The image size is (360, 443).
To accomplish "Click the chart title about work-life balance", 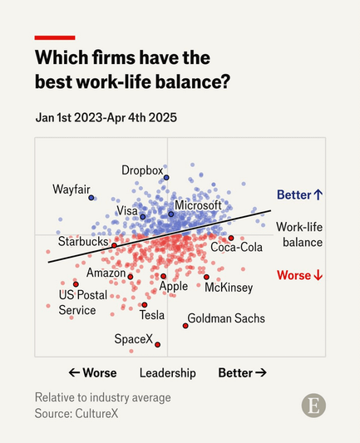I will tap(132, 70).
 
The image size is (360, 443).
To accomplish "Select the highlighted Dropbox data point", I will tap(166, 178).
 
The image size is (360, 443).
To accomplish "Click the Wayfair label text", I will tap(71, 189).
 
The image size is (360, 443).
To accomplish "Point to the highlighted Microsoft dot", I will tap(171, 214).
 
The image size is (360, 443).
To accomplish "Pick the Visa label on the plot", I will tap(126, 211).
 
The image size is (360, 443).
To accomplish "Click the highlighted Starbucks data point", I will tap(115, 245).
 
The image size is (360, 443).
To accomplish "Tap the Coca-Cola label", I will tap(236, 248).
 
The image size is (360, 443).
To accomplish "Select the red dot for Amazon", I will tap(131, 275).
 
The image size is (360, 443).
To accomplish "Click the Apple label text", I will tap(174, 287).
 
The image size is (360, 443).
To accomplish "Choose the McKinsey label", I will tap(229, 288).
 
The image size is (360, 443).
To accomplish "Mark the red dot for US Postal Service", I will tap(76, 283).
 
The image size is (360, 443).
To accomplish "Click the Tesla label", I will tap(152, 315).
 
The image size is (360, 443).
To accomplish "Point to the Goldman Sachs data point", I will tap(185, 325).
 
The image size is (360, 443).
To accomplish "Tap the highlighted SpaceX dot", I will tap(157, 344).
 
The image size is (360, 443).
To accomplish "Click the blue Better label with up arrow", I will tap(299, 194).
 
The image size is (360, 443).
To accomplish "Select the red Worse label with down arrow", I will tap(299, 275).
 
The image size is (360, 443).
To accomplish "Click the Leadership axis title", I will tap(167, 373).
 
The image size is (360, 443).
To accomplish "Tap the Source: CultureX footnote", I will tap(82, 413).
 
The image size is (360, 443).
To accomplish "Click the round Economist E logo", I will tap(313, 406).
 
